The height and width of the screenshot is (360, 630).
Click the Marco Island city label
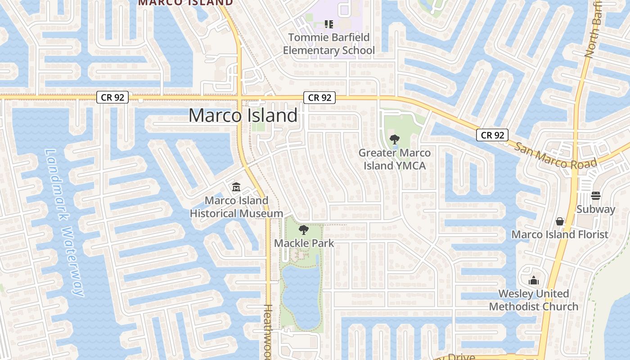click(243, 116)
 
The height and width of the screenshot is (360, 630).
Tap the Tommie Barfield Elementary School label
click(328, 44)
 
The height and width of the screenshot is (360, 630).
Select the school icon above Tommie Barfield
click(328, 24)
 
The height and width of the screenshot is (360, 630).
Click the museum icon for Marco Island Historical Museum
click(236, 187)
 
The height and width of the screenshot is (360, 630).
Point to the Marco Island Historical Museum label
click(236, 207)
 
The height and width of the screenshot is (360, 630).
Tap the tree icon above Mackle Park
click(304, 230)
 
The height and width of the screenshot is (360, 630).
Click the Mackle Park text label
click(304, 243)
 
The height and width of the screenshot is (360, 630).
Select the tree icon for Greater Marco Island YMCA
click(394, 139)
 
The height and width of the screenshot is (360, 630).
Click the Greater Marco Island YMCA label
click(394, 159)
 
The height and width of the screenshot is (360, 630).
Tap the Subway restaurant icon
click(596, 196)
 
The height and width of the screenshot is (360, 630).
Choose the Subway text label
click(596, 209)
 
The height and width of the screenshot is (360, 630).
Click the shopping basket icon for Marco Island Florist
click(560, 221)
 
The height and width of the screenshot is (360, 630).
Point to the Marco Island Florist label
click(560, 234)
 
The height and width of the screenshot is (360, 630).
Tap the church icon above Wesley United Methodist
click(534, 281)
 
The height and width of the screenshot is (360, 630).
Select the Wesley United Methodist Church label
click(534, 300)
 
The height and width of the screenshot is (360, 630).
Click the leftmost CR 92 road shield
click(112, 97)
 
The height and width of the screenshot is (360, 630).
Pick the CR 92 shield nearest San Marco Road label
click(493, 135)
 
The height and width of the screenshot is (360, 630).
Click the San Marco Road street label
click(555, 156)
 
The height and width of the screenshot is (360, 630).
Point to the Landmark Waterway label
click(65, 223)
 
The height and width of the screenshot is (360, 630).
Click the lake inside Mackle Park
click(301, 292)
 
